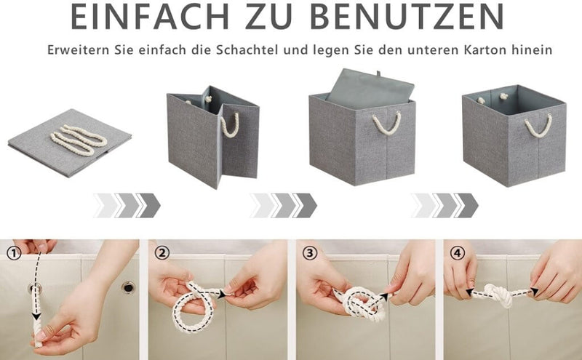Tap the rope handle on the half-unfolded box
pyautogui.click(x=230, y=125)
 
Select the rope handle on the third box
pyautogui.click(x=386, y=123)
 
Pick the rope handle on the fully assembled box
pyautogui.click(x=538, y=124)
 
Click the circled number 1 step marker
pyautogui.click(x=13, y=253)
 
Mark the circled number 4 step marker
pyautogui.click(x=456, y=253)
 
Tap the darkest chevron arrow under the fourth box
pyautogui.click(x=469, y=205)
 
